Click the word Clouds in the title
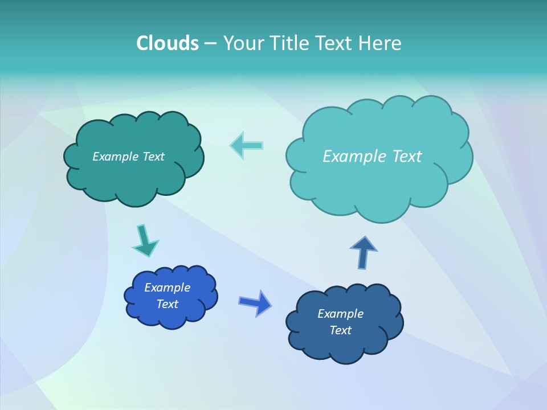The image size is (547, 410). [x=167, y=43]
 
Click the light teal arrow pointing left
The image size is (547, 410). [x=247, y=145]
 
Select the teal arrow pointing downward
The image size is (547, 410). [x=145, y=240]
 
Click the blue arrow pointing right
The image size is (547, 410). [x=255, y=302]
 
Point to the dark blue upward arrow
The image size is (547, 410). [x=364, y=252]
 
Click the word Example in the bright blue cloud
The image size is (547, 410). [x=167, y=288]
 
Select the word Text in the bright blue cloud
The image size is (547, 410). [x=168, y=304]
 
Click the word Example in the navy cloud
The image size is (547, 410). [x=340, y=314]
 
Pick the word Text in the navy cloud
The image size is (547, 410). [x=341, y=330]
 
